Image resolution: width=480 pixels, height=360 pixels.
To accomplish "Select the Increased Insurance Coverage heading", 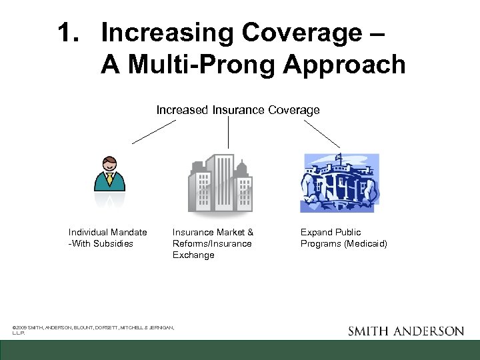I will [x=238, y=110].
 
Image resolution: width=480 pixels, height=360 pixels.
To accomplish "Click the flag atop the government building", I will [x=338, y=157].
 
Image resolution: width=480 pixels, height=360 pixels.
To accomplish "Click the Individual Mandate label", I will [x=108, y=232].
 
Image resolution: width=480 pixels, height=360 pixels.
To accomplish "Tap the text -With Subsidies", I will [x=101, y=243].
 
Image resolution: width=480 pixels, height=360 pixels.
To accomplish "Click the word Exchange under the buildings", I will [x=193, y=255].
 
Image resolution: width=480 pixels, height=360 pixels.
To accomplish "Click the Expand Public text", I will [x=331, y=232].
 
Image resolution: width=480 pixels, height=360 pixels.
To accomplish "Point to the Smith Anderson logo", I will [x=406, y=331].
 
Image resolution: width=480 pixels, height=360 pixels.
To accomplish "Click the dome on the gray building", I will [x=241, y=167].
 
